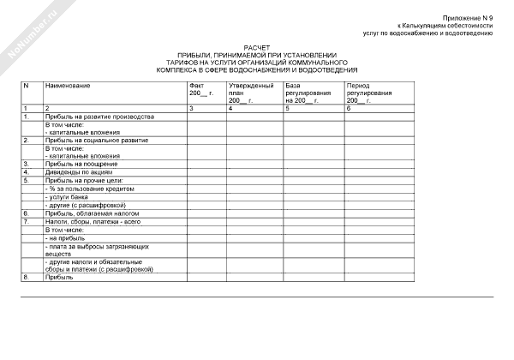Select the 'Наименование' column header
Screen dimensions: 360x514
pos(68,87)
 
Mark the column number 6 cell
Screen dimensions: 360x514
pos(349,108)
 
